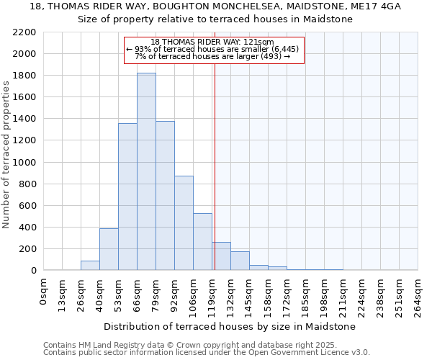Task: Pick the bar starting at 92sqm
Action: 184,223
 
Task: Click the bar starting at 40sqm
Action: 109,249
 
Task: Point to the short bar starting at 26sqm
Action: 90,266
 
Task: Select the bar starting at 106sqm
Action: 202,242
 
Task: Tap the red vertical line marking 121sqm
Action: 215,180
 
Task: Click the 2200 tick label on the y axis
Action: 24,32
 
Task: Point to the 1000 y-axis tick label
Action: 24,163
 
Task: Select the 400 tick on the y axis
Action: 27,228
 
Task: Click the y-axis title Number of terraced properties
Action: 6,154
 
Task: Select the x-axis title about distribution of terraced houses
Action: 230,326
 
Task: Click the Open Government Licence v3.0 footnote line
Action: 207,353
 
